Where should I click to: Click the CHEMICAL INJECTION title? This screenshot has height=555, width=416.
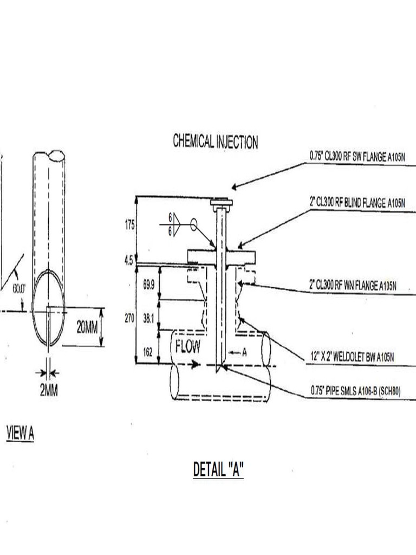point(216,142)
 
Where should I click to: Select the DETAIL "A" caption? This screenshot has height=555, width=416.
point(218,469)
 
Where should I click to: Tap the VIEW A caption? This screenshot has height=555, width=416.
point(20,433)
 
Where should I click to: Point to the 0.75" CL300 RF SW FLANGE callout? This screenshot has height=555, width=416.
point(357,156)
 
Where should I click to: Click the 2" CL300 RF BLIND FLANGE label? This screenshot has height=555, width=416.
point(357,203)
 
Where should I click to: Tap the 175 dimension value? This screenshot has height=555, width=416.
point(130,225)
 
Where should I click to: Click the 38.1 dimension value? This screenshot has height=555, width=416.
point(148,320)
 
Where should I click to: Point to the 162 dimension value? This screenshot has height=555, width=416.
point(148,352)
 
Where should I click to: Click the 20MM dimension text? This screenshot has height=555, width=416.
point(87,327)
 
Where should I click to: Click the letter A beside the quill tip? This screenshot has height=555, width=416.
point(244,353)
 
